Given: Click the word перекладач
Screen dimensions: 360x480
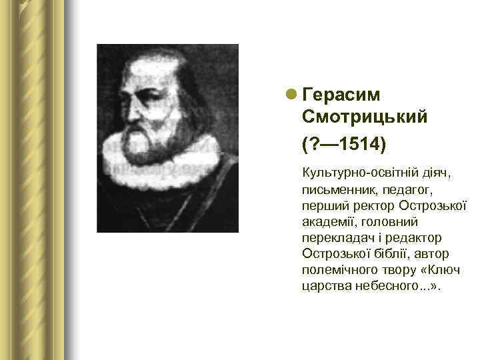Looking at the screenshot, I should click(335, 238).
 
